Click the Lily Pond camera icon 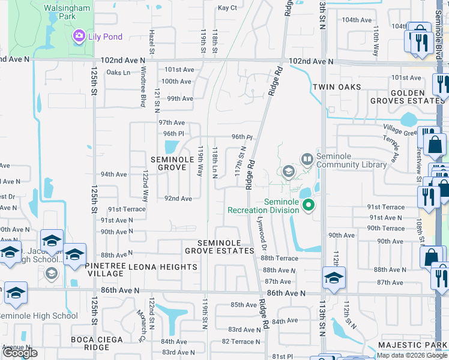(x=79, y=37)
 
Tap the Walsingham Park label (x=70, y=12)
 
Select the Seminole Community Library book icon (x=307, y=158)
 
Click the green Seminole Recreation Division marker (x=309, y=205)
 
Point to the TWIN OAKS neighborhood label (x=337, y=87)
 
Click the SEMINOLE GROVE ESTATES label (x=219, y=247)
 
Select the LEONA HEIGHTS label (x=152, y=265)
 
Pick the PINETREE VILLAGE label (x=104, y=269)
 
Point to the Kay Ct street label (x=227, y=8)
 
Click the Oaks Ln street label (x=118, y=73)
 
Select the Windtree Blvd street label (x=143, y=94)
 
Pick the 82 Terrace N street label (x=241, y=341)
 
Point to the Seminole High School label (x=39, y=316)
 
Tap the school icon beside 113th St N (x=333, y=277)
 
